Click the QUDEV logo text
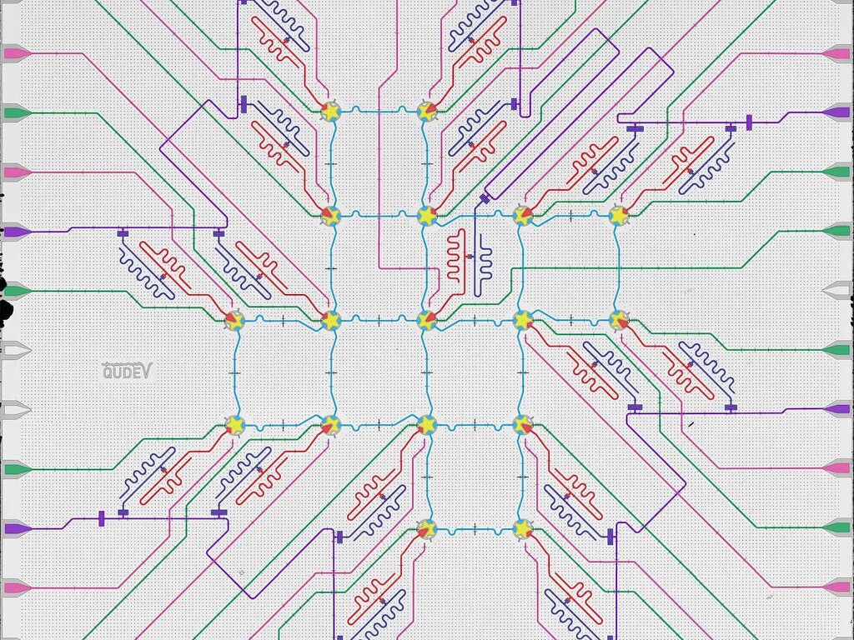[127, 372]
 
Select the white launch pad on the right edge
[836, 290]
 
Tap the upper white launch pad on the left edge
[15, 348]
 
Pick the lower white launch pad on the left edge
[15, 409]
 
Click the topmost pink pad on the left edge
[15, 53]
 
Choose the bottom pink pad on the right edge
[836, 587]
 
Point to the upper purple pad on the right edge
[836, 112]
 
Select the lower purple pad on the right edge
[836, 409]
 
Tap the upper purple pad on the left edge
[15, 232]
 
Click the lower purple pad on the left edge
[15, 528]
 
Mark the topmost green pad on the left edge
[15, 112]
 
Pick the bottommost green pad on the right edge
[836, 527]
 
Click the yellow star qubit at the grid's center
[427, 320]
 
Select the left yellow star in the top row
[331, 111]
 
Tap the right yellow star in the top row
[427, 111]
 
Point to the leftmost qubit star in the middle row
[234, 320]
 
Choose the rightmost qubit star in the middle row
[619, 320]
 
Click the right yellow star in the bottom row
[523, 528]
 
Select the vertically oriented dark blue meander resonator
[483, 268]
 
